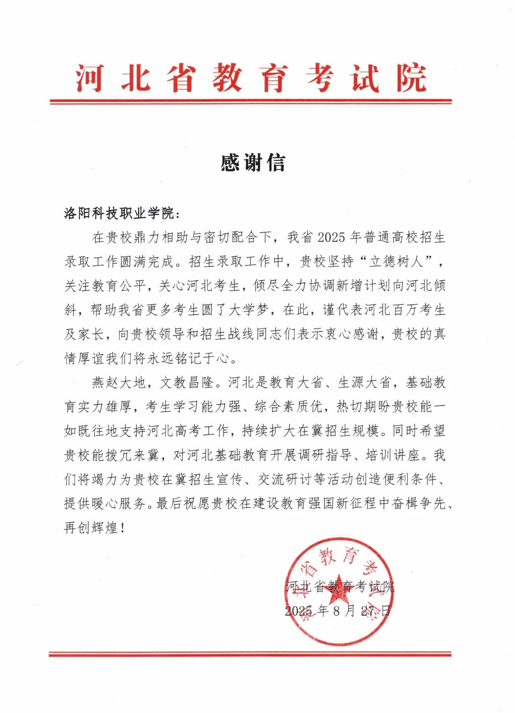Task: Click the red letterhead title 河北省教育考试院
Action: (251, 78)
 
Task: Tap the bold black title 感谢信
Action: (253, 163)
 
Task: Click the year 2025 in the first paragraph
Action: (331, 237)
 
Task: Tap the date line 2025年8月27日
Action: (338, 611)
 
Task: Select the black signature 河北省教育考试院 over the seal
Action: (340, 587)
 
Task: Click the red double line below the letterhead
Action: (251, 101)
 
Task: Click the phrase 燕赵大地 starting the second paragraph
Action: (119, 383)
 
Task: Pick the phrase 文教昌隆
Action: (187, 383)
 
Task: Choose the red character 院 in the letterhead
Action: (411, 78)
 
